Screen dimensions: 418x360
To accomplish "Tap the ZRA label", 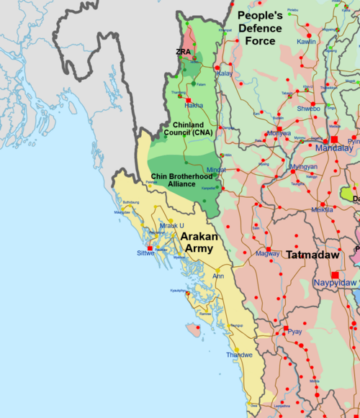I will pyautogui.click(x=184, y=53).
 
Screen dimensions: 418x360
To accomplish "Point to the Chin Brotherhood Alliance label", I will pyautogui.click(x=176, y=179).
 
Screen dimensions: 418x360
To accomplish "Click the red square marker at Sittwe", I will pyautogui.click(x=150, y=247).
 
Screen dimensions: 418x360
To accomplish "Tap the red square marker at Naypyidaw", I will pyautogui.click(x=334, y=274).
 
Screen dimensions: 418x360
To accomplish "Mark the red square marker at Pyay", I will pyautogui.click(x=286, y=328).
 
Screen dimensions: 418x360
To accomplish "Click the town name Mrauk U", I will pyautogui.click(x=172, y=226).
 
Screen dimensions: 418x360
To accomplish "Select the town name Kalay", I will pyautogui.click(x=225, y=73).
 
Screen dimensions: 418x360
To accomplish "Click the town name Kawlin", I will pyautogui.click(x=306, y=42).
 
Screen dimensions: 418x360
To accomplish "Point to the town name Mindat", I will pyautogui.click(x=216, y=170).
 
